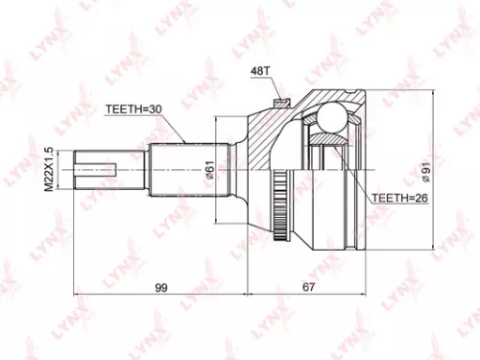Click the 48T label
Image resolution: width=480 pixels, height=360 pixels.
click(x=261, y=71)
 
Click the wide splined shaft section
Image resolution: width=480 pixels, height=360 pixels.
click(x=182, y=169)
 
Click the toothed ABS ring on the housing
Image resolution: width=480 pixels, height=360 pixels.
click(x=281, y=202)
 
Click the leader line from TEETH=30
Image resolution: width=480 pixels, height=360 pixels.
click(x=174, y=131)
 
